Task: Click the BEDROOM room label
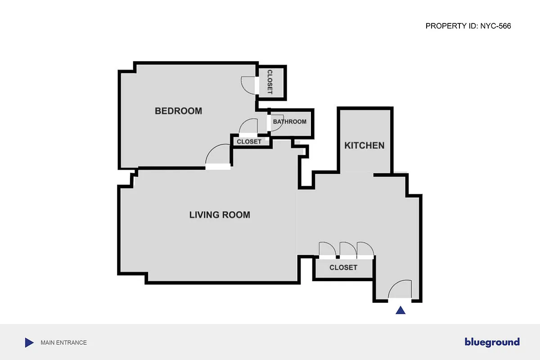click(178, 111)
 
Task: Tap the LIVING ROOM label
click(220, 215)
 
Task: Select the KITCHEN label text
click(364, 145)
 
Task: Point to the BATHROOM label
click(289, 121)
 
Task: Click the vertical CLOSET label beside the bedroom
click(270, 82)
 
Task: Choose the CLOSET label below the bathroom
click(249, 141)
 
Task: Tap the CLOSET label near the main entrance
click(343, 267)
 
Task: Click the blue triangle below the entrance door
click(400, 310)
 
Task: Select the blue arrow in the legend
click(29, 342)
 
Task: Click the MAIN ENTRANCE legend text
click(63, 342)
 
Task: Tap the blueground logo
click(492, 342)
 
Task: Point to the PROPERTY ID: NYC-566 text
click(468, 26)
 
